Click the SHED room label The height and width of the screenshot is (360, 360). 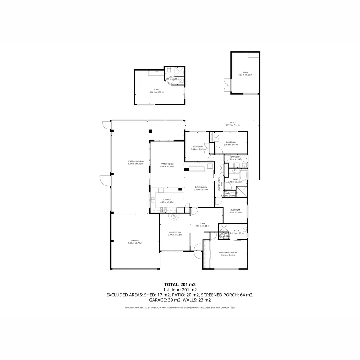[x=245, y=72]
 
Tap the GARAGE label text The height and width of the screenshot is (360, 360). [x=135, y=241]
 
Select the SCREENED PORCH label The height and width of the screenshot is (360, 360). [x=135, y=161]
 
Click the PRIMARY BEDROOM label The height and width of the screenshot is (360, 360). [x=228, y=253]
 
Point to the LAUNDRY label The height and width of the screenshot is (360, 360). [x=235, y=157]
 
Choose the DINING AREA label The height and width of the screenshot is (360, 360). [x=201, y=187]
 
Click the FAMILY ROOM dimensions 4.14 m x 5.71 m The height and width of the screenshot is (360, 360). [x=167, y=166]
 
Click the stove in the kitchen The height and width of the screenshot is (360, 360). [x=163, y=209]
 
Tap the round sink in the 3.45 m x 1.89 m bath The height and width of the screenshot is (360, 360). [x=245, y=230]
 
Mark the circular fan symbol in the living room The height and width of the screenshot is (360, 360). [x=174, y=217]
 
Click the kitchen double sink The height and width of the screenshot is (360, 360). [x=153, y=200]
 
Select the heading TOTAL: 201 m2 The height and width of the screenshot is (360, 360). [x=180, y=284]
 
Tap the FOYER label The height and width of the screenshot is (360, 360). [x=202, y=223]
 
